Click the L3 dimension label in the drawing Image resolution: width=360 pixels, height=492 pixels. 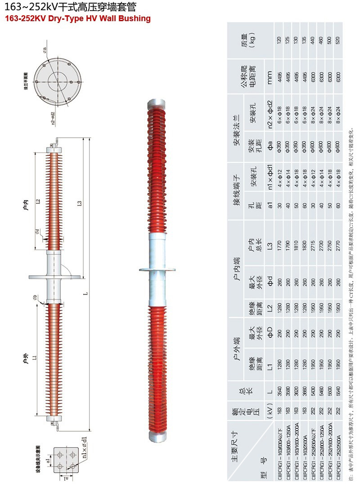(80, 203)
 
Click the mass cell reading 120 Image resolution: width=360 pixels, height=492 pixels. (279, 40)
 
